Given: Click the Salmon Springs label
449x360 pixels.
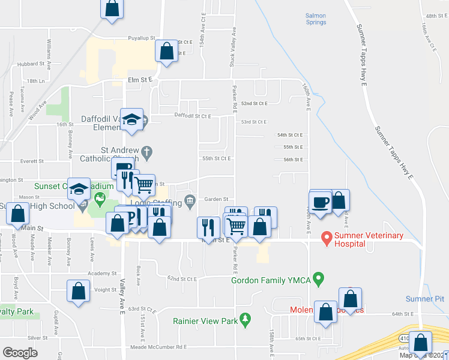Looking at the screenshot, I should point(316,19).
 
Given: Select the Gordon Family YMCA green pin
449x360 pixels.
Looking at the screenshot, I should point(319,279).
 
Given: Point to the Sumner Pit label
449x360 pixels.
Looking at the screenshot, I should point(425,298).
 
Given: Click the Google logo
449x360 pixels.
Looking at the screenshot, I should point(20,353).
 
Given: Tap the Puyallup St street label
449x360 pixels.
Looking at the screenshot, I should point(141,38).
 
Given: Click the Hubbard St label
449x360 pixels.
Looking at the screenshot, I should point(28,63).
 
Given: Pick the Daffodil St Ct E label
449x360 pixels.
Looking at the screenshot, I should point(193,115).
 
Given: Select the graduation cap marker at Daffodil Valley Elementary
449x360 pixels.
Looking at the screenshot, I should point(131,119).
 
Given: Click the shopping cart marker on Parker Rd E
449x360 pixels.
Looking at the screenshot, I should point(237,225).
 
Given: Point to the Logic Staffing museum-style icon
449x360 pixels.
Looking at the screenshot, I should point(190,200).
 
